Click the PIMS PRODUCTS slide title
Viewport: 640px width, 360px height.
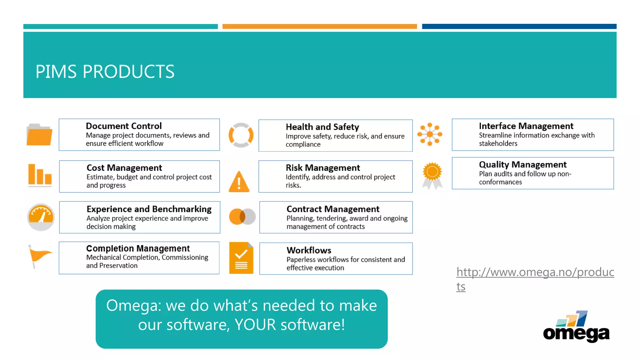105,72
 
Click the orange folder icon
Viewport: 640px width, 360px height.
39,135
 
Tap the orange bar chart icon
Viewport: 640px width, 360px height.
40,175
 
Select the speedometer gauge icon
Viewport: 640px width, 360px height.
41,217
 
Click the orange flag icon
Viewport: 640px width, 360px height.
40,256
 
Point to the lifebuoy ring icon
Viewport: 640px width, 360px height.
241,135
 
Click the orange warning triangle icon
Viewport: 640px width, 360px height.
239,182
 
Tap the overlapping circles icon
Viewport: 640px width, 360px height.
242,217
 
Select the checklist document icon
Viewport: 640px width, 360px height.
241,258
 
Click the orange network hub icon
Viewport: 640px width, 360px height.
430,134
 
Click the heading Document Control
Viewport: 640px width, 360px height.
124,126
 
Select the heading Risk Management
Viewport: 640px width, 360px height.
323,168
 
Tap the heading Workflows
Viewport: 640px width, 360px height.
309,250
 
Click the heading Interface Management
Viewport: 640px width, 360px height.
526,126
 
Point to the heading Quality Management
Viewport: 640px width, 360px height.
522,164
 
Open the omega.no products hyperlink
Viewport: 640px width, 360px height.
535,272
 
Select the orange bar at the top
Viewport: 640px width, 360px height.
319,27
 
